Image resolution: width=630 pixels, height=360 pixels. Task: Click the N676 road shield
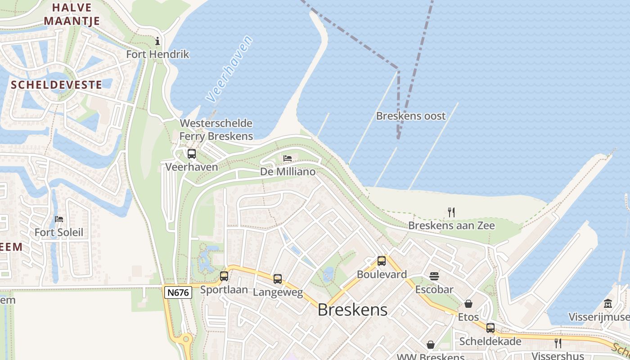pyautogui.click(x=178, y=292)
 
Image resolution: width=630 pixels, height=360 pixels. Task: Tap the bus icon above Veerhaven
pyautogui.click(x=192, y=154)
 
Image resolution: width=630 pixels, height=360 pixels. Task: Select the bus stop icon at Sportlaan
pyautogui.click(x=224, y=276)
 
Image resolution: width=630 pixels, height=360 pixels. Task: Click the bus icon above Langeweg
pyautogui.click(x=278, y=279)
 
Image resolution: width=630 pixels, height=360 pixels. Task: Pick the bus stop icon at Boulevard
pyautogui.click(x=382, y=261)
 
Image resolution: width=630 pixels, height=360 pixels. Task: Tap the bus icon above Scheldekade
pyautogui.click(x=490, y=328)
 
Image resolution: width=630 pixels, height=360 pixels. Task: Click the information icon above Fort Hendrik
pyautogui.click(x=157, y=41)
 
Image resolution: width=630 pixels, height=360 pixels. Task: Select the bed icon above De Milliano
pyautogui.click(x=288, y=158)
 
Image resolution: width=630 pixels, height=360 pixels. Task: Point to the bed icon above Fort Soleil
pyautogui.click(x=59, y=219)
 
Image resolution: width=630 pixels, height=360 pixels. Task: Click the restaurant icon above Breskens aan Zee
pyautogui.click(x=451, y=212)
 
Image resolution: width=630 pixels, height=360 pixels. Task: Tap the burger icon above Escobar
pyautogui.click(x=434, y=276)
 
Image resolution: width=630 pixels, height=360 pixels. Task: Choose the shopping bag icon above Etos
pyautogui.click(x=468, y=304)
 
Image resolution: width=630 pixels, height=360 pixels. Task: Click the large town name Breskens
pyautogui.click(x=352, y=310)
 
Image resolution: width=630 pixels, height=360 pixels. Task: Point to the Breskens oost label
pyautogui.click(x=411, y=116)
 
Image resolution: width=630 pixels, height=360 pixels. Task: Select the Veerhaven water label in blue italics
pyautogui.click(x=229, y=68)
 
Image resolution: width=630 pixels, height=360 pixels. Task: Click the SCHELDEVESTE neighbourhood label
pyautogui.click(x=56, y=85)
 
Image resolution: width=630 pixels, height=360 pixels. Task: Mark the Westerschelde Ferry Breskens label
pyautogui.click(x=216, y=130)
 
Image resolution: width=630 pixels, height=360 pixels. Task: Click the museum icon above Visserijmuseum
pyautogui.click(x=608, y=304)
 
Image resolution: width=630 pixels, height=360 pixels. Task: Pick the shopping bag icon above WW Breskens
pyautogui.click(x=431, y=345)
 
